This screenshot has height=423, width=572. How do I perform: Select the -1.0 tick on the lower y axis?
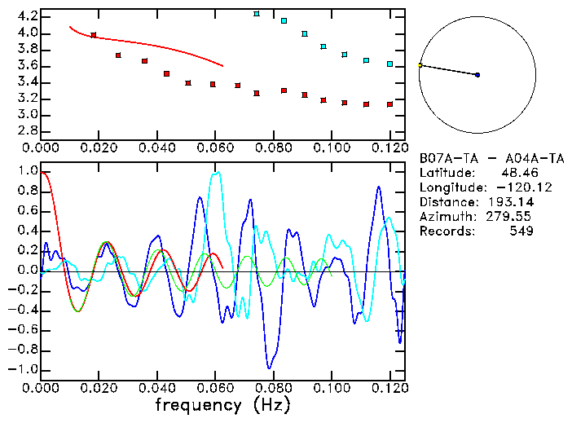point(24,369)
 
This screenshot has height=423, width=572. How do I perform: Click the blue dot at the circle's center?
point(477,75)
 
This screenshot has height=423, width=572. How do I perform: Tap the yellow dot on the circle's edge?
point(420,65)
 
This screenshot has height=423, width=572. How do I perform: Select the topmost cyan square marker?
point(257,14)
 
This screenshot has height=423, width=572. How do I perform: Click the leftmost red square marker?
point(94,35)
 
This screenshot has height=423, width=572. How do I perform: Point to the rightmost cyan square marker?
point(390,64)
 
